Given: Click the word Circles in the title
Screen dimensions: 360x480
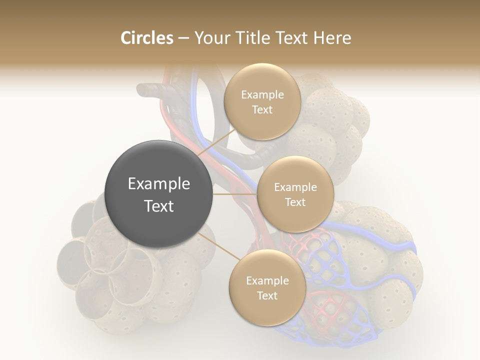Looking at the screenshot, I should click(146, 38).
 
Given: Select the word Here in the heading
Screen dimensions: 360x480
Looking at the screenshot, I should click(332, 38).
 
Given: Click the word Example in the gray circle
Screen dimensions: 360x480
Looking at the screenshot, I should click(159, 184).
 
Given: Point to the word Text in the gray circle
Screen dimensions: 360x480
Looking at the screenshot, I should click(159, 206).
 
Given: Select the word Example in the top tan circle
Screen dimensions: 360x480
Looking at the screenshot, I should click(262, 95).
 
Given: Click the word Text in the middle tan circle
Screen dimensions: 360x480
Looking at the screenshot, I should click(295, 202).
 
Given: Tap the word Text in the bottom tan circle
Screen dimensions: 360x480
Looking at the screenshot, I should click(267, 296).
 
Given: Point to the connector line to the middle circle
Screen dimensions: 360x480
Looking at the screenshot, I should click(235, 194).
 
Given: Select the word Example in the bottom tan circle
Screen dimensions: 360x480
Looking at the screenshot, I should click(267, 281).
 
